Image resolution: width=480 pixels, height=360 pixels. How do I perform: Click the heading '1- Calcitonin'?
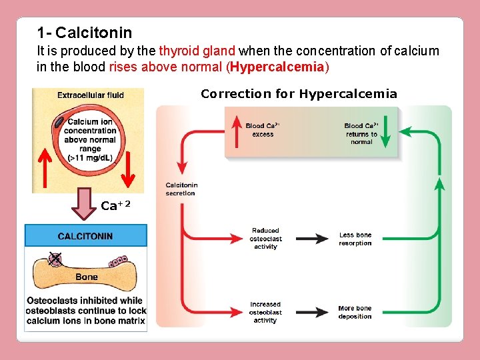pos(85,33)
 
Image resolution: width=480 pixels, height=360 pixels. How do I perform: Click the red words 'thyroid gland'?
pos(197,51)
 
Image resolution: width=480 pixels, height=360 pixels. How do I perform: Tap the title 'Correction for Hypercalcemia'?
pos(299,94)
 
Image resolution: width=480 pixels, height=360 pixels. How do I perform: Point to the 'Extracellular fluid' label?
pos(90,95)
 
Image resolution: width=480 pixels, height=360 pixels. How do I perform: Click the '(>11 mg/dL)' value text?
pos(89,158)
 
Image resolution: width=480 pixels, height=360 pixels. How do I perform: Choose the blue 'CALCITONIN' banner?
pos(85,236)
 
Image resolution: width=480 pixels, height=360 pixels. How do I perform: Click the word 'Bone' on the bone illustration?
pos(86,277)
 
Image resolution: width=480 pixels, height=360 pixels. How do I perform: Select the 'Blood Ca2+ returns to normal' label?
pos(361,133)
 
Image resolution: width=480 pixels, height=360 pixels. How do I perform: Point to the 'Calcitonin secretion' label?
pos(181,189)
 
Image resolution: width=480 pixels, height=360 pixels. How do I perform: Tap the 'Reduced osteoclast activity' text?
pos(265,239)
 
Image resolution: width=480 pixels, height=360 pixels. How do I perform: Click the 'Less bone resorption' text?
pos(355,239)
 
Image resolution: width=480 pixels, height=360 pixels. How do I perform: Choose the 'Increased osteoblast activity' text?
pos(265,312)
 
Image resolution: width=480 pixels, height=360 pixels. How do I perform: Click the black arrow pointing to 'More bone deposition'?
pos(311,312)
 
